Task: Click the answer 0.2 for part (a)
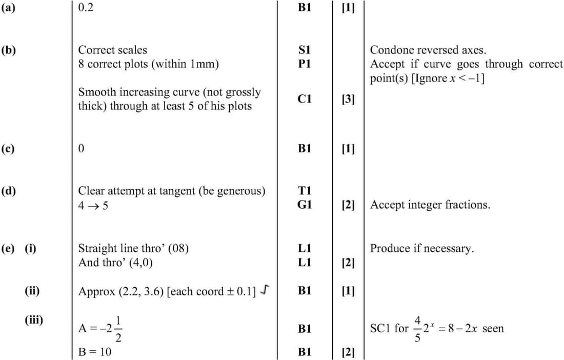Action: (x=86, y=8)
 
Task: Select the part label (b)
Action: (x=8, y=50)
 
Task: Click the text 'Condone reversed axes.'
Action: (x=428, y=50)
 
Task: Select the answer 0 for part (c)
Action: (x=81, y=149)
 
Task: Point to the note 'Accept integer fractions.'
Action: (x=430, y=205)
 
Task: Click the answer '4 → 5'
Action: (x=93, y=206)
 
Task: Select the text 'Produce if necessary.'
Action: (x=422, y=249)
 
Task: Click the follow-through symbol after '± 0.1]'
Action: (x=264, y=291)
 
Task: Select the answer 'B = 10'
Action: (x=94, y=352)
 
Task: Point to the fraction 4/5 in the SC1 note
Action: (x=416, y=328)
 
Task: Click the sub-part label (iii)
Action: (x=34, y=321)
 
